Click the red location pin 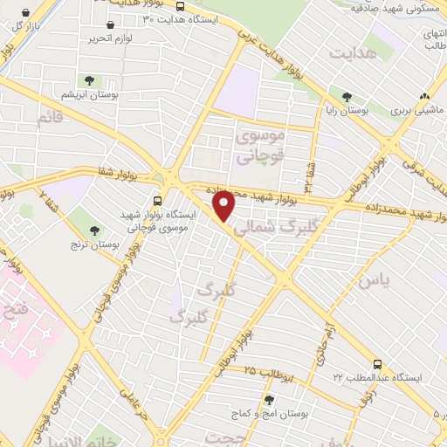tap(224, 206)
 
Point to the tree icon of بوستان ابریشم tap(90, 80)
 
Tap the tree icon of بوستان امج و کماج tap(267, 400)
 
